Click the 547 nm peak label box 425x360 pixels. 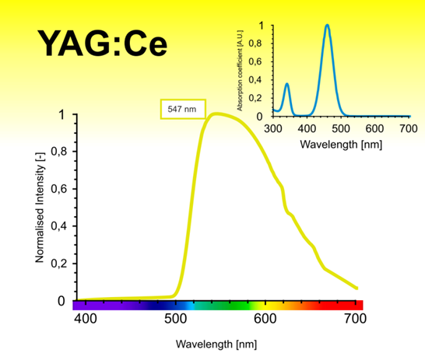pyautogui.click(x=179, y=110)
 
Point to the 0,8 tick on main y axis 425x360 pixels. pyautogui.click(x=57, y=152)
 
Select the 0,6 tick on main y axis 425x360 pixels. pyautogui.click(x=57, y=190)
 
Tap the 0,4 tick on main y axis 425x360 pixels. pyautogui.click(x=57, y=227)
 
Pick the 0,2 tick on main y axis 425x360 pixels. pyautogui.click(x=57, y=264)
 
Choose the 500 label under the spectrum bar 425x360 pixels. pyautogui.click(x=176, y=319)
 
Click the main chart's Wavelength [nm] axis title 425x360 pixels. pyautogui.click(x=216, y=344)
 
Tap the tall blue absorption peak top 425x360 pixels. pyautogui.click(x=327, y=26)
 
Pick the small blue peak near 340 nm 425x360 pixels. pyautogui.click(x=286, y=84)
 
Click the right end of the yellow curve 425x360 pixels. pyautogui.click(x=357, y=288)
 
